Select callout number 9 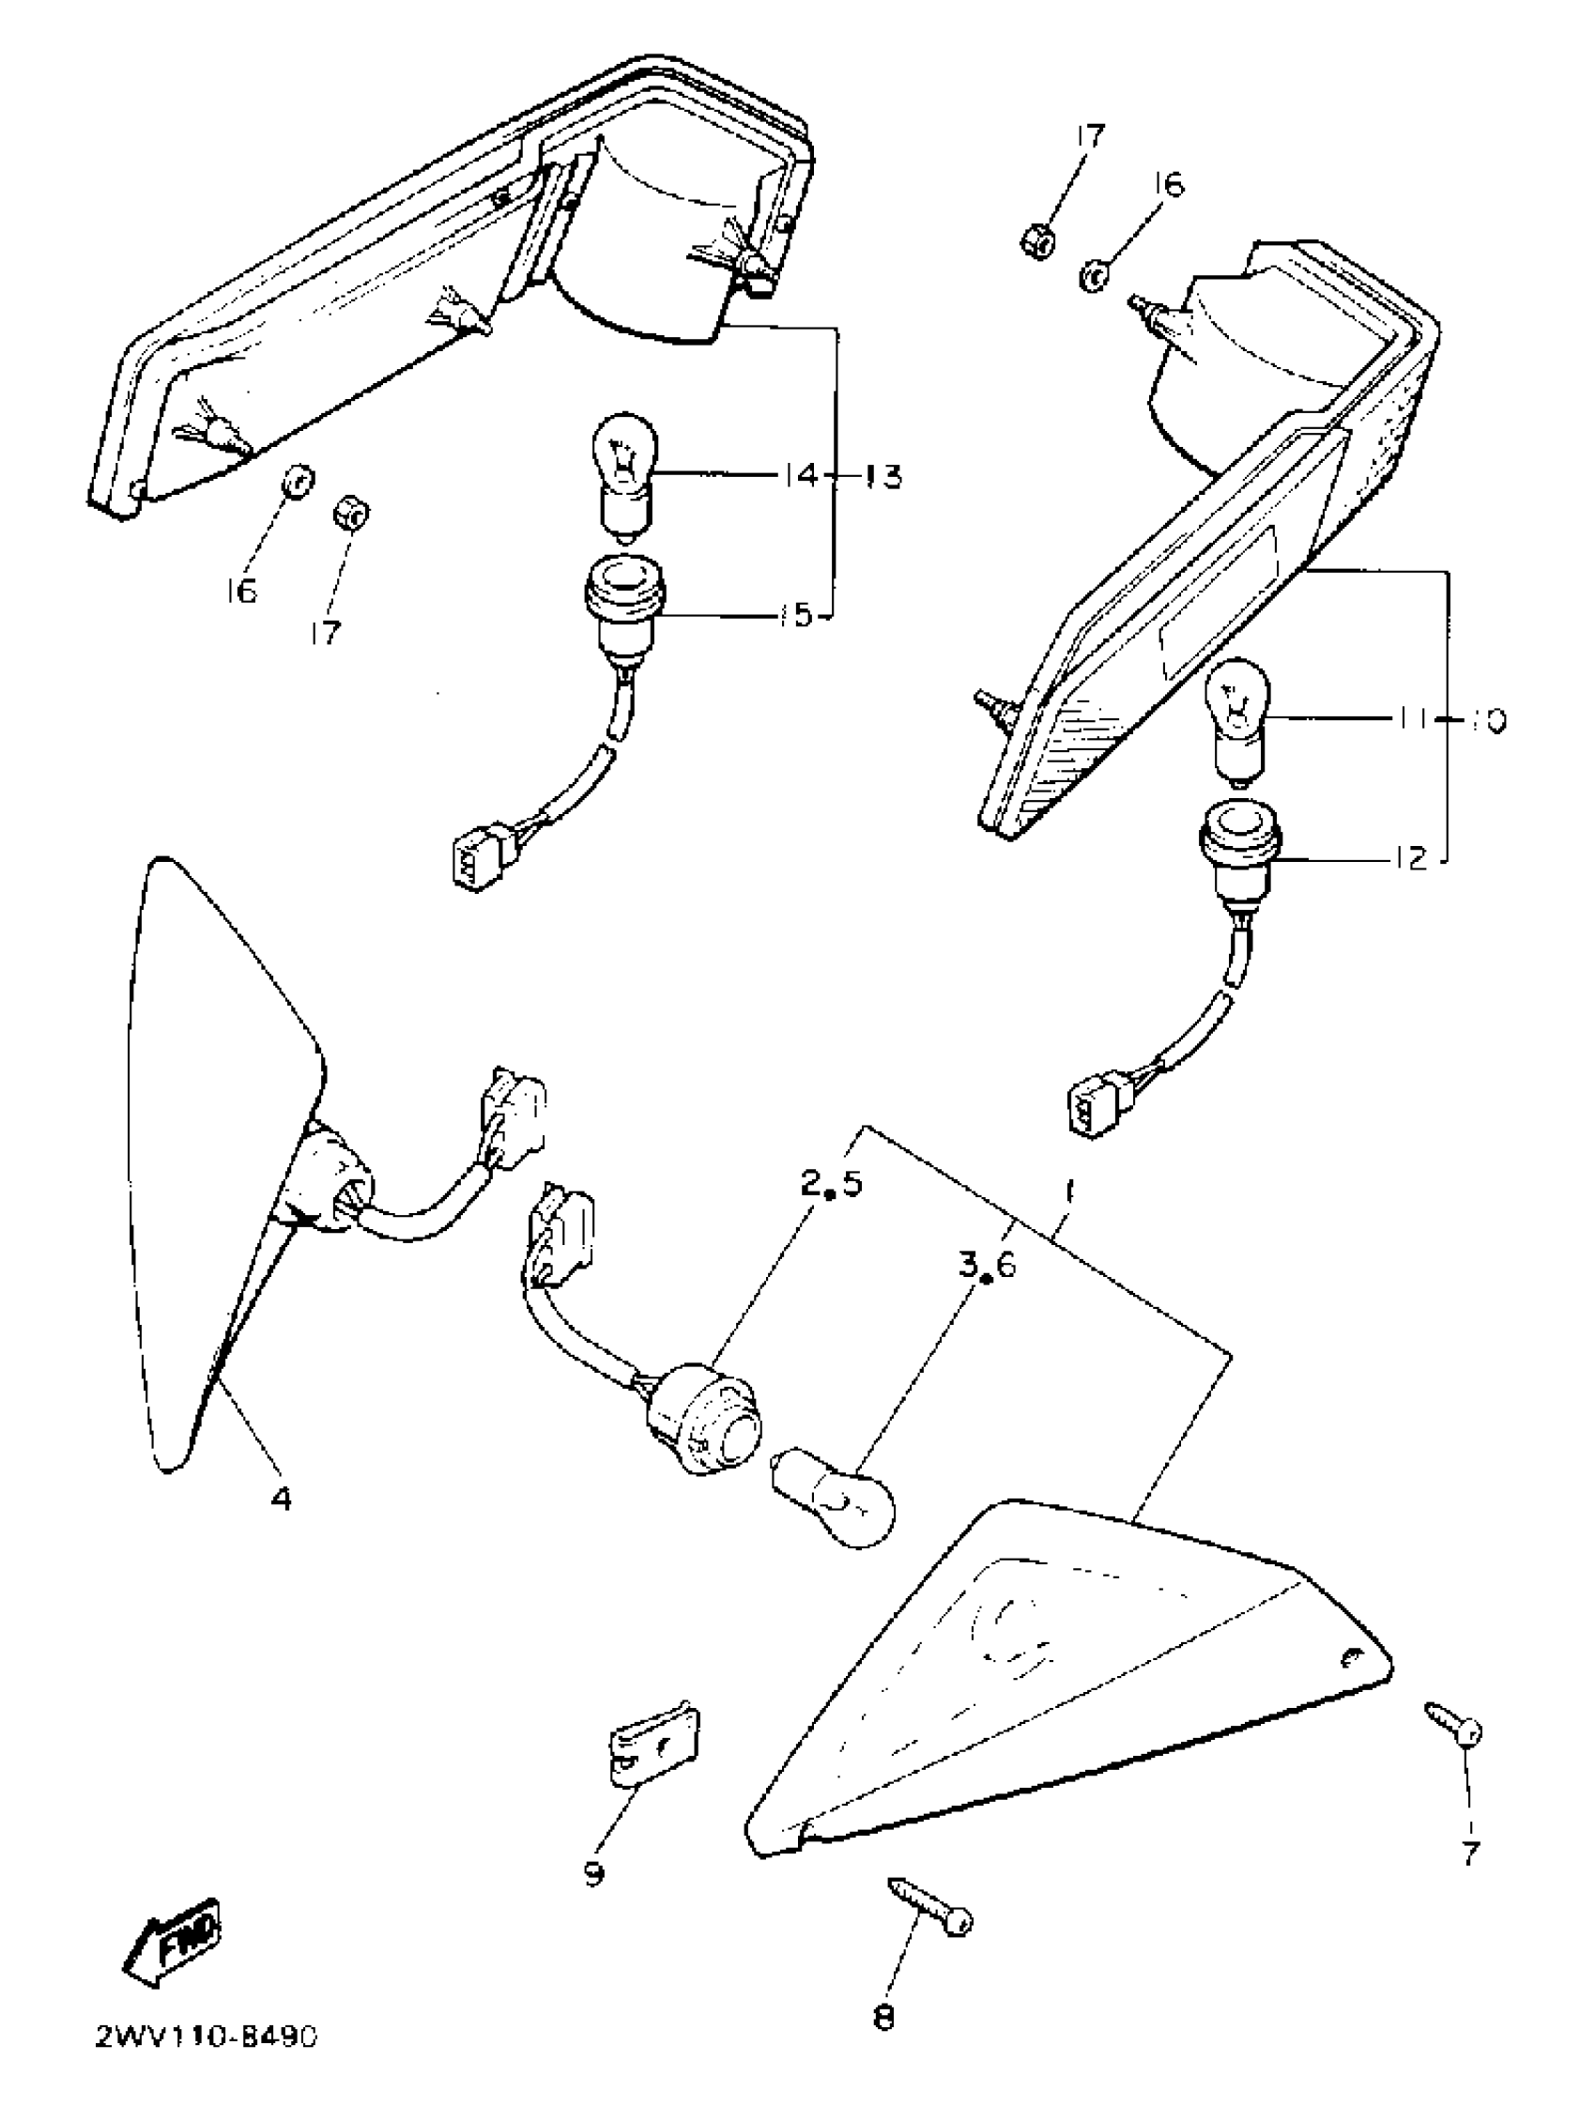pos(593,1872)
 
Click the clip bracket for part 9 pos(654,1742)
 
